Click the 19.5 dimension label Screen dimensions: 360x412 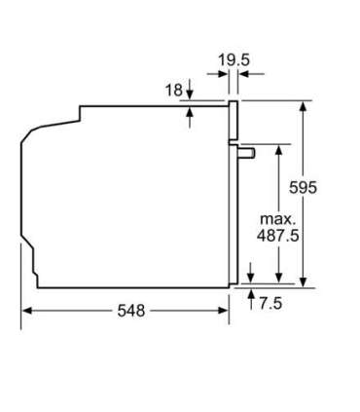[234, 60]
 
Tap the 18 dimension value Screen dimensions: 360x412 [174, 90]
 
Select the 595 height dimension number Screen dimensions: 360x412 [303, 187]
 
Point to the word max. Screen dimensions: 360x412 [278, 219]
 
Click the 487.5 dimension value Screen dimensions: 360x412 [278, 236]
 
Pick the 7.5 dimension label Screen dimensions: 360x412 [270, 304]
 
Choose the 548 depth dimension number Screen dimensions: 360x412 [131, 311]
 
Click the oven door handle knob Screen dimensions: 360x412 [246, 153]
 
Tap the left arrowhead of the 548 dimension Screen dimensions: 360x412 [26, 311]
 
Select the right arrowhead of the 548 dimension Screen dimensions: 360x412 [224, 311]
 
